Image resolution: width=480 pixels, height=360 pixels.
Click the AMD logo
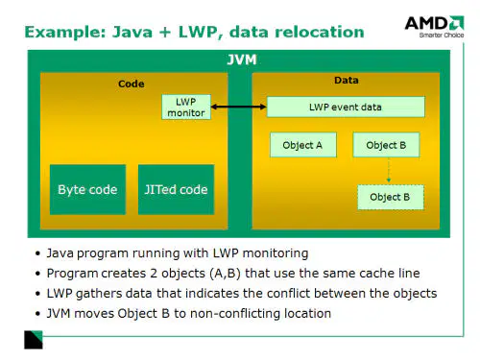tap(434, 27)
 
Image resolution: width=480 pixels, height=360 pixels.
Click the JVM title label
tap(242, 60)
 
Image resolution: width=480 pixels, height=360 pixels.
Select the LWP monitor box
tap(186, 107)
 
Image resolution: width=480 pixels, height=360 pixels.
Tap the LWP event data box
tap(346, 107)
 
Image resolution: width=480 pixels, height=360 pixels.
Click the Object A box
tap(303, 145)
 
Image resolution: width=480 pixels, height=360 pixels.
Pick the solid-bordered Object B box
tap(386, 145)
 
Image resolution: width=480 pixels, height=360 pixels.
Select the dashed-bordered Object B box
tap(391, 197)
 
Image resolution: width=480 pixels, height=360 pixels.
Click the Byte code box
tap(87, 189)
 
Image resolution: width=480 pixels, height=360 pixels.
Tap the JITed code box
tap(176, 189)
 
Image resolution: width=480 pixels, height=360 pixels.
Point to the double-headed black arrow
tap(238, 107)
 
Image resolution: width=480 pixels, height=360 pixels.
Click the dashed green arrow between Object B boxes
tap(389, 170)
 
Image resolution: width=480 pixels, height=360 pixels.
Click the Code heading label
tap(132, 84)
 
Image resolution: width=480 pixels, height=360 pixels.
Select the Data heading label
tap(347, 80)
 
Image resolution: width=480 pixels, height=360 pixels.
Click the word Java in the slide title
tap(132, 32)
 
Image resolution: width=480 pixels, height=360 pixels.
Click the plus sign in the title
tap(165, 33)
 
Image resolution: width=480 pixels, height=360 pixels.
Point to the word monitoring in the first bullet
tap(276, 253)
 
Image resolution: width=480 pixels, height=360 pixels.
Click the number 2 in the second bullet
tap(154, 274)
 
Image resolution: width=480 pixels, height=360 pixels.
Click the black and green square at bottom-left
tap(34, 340)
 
